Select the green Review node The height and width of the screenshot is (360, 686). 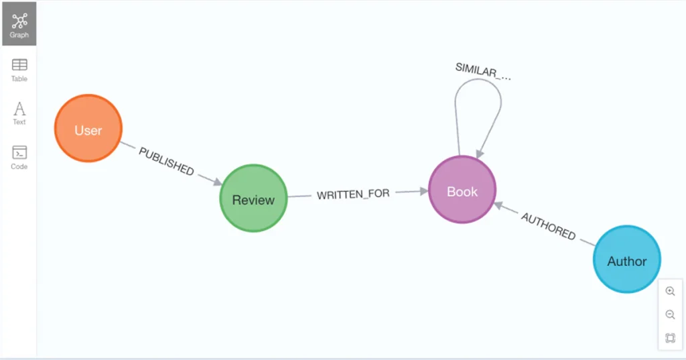(x=253, y=199)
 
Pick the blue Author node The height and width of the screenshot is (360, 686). (x=626, y=260)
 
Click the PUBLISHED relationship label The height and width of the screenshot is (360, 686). (x=166, y=161)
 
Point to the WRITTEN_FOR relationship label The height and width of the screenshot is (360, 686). (x=353, y=194)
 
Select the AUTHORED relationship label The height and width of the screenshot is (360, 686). (x=548, y=226)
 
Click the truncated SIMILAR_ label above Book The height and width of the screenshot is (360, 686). (x=482, y=70)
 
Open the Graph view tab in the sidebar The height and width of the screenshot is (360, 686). (x=19, y=24)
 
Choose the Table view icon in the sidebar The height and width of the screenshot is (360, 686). (x=19, y=69)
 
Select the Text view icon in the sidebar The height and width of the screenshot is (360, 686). (x=19, y=113)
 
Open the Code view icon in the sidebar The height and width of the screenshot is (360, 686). (x=19, y=157)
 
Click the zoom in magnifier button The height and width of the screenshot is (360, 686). (x=670, y=292)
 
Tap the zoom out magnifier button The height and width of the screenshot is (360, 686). (x=670, y=314)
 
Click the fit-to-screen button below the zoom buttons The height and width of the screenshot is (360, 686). (x=670, y=338)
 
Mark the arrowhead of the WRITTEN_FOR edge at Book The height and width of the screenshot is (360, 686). (x=423, y=191)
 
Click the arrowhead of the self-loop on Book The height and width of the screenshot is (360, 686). (x=478, y=154)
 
